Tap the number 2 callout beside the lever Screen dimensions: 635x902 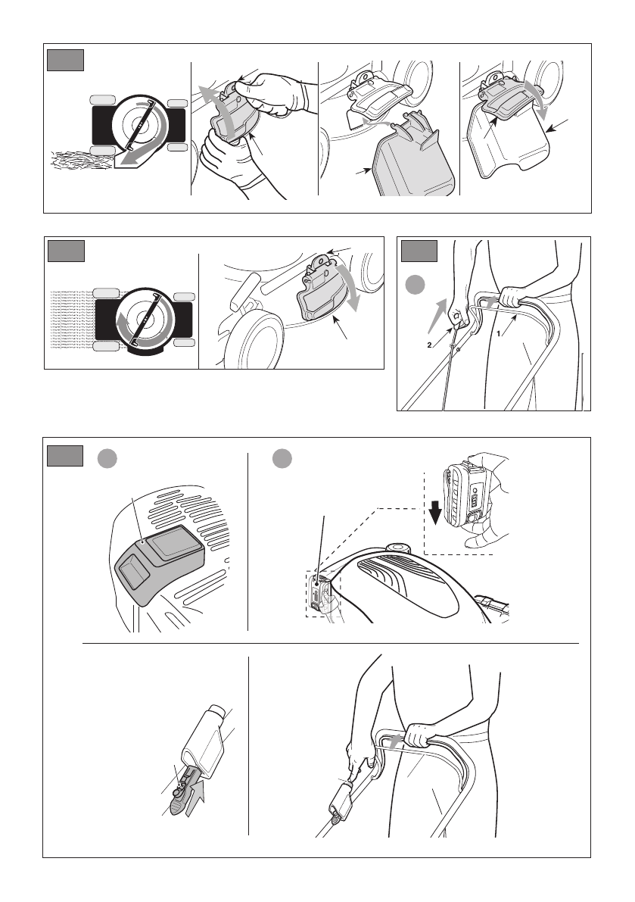(x=429, y=345)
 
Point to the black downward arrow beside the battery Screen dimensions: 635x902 (x=435, y=513)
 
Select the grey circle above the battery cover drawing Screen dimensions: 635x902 (x=107, y=458)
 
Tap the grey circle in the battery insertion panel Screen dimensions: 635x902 (x=282, y=458)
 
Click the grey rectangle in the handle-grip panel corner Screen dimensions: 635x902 (x=419, y=251)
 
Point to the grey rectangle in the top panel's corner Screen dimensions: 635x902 (x=66, y=60)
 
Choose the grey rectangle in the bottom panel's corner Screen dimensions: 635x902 (x=65, y=456)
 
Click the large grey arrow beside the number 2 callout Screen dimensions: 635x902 (x=438, y=314)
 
